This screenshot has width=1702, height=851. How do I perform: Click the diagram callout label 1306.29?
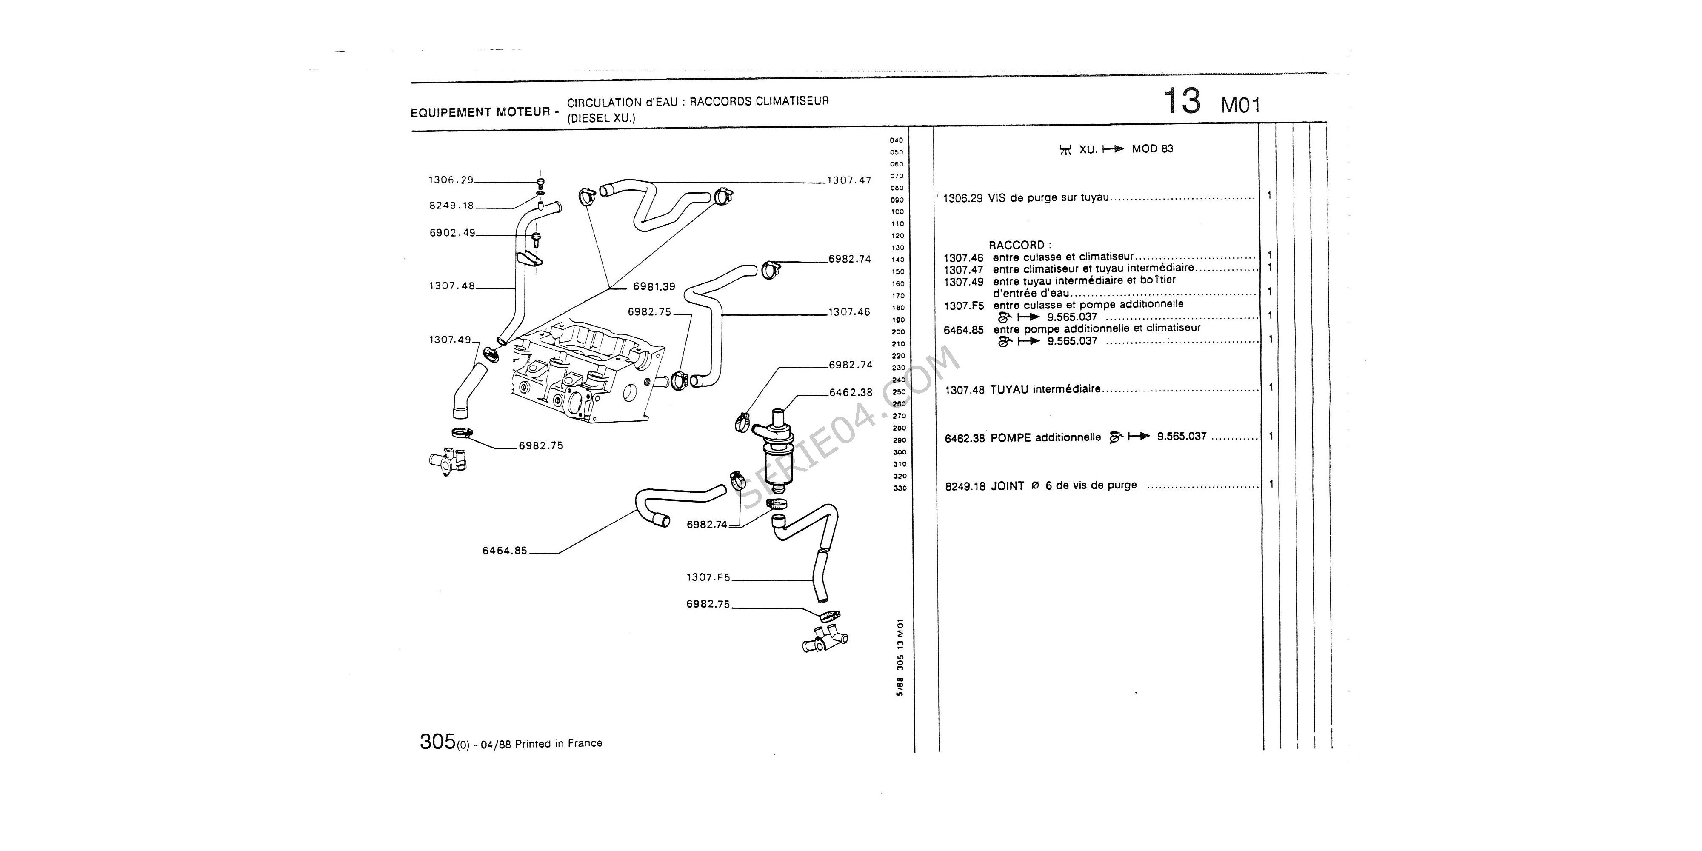coord(451,180)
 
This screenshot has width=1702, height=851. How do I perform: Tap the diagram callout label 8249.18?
coord(452,206)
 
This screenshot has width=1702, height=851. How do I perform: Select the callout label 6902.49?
coord(452,233)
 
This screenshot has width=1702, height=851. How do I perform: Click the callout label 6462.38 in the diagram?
coord(850,392)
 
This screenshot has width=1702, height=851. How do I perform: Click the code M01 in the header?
coord(1240,106)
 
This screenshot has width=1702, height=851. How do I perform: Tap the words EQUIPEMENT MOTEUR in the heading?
coord(480,112)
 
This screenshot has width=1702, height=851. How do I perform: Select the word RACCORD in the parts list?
coord(1016,245)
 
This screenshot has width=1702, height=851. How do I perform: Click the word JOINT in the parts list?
coord(1007,485)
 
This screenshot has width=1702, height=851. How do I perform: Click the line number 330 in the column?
coord(899,488)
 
